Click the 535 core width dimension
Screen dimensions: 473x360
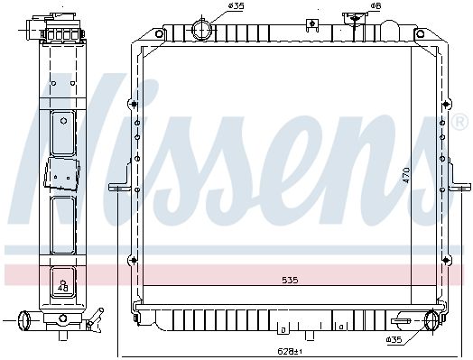click(290, 280)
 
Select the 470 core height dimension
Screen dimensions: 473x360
click(406, 175)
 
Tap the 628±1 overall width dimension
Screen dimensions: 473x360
click(290, 351)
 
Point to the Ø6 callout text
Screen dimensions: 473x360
click(376, 5)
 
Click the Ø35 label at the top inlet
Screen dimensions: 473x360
click(236, 5)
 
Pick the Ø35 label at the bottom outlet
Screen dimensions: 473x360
click(394, 340)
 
